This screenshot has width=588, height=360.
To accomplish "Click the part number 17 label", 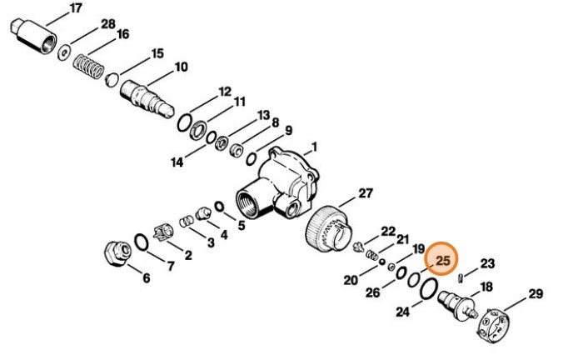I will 76,8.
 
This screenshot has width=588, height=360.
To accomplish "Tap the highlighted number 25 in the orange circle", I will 443,262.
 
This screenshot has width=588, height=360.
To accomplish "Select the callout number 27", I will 366,193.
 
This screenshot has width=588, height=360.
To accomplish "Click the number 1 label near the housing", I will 315,148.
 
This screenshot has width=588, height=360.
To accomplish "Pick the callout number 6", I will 147,278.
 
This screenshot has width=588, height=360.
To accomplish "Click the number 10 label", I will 181,67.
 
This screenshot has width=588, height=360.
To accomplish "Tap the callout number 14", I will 177,162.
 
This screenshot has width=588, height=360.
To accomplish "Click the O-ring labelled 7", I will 142,242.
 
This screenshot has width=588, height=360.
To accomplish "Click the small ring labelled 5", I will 219,206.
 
